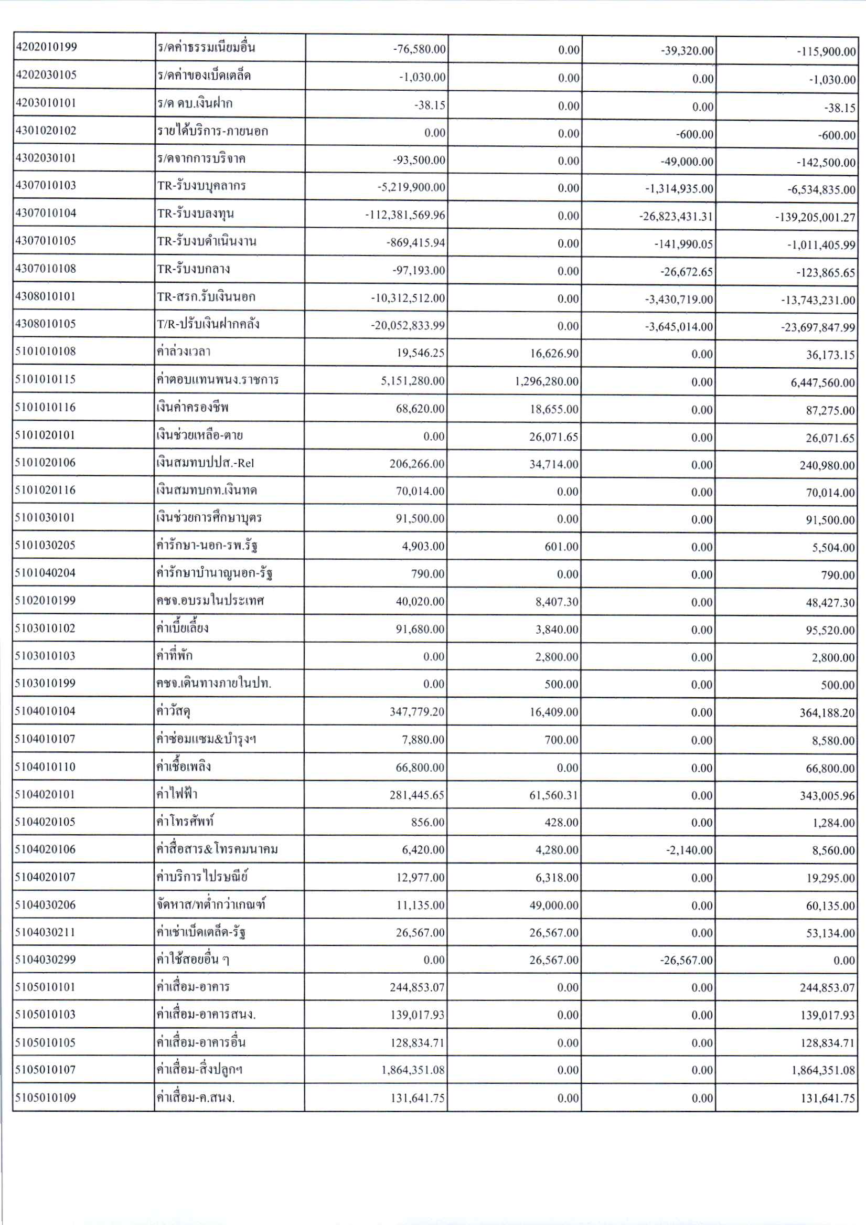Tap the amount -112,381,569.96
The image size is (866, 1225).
point(405,215)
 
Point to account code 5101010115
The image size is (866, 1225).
point(45,379)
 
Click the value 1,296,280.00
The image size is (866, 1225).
point(547,381)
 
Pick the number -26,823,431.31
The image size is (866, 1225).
point(676,217)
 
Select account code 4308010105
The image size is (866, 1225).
point(45,324)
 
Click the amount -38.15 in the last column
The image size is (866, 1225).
point(840,108)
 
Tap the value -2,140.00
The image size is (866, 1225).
point(689,850)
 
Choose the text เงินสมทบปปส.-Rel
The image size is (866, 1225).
point(205,463)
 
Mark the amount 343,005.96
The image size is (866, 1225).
point(827,796)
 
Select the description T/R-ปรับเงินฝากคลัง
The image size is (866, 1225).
point(208,324)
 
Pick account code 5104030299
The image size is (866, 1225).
point(45,960)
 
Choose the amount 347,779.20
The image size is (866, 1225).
point(416,712)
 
